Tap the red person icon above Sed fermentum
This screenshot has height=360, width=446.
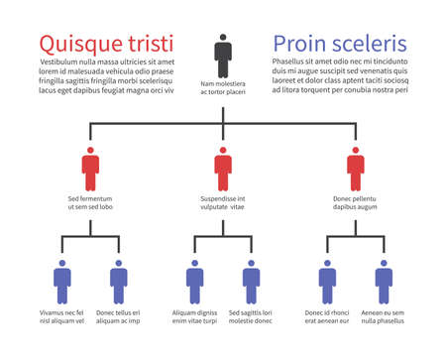[90, 169]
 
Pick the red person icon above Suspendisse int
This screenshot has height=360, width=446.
[223, 169]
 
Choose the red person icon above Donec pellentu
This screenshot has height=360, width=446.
[356, 169]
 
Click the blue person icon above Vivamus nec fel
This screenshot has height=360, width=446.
[62, 281]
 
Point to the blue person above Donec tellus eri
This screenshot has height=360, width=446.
[119, 281]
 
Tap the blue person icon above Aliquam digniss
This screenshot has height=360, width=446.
[194, 281]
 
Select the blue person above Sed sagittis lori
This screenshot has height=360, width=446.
[251, 281]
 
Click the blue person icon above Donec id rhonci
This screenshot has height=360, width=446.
[327, 281]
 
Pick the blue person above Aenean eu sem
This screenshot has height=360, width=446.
[384, 281]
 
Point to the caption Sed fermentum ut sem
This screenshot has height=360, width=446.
[90, 203]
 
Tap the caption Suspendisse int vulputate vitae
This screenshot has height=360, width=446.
[223, 203]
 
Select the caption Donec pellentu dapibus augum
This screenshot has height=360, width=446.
[356, 203]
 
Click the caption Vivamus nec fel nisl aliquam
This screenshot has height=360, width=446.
[62, 317]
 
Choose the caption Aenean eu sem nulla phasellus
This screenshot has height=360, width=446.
[384, 317]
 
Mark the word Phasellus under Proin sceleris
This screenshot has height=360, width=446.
[290, 61]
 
